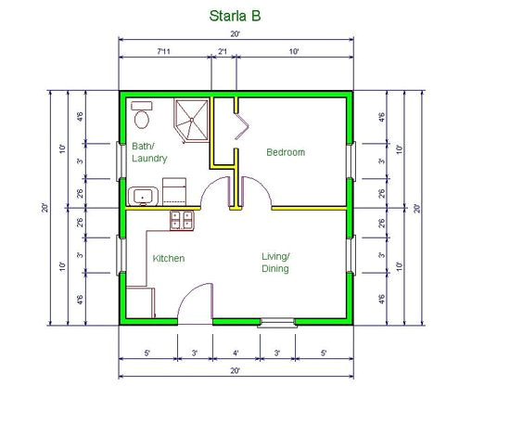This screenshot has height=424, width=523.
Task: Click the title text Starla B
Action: [x=235, y=16]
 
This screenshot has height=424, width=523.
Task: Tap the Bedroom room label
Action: [x=286, y=152]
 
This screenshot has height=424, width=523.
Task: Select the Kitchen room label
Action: [x=168, y=258]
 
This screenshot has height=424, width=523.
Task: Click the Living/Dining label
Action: [x=275, y=263]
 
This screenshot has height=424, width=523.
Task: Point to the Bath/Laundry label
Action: [x=149, y=153]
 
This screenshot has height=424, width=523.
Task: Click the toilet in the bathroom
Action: [x=141, y=116]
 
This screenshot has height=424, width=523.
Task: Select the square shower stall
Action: [x=193, y=121]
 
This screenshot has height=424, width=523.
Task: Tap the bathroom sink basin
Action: [x=143, y=195]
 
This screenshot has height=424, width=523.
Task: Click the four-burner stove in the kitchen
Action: [x=181, y=220]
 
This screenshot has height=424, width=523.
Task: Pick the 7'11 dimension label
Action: [x=162, y=52]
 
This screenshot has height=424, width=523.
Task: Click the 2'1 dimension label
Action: [x=223, y=52]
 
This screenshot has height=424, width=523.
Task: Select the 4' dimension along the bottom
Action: [x=236, y=353]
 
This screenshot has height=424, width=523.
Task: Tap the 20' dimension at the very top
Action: [x=235, y=34]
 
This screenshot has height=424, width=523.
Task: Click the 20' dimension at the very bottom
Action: [x=236, y=371]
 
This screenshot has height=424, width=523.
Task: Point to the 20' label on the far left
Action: [x=45, y=207]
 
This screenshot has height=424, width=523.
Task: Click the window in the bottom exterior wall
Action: [x=276, y=322]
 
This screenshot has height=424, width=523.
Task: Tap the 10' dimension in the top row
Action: [x=293, y=52]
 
